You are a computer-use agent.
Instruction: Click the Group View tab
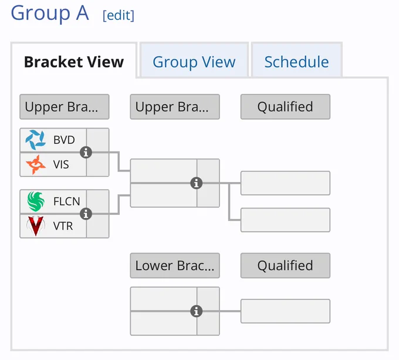(x=194, y=62)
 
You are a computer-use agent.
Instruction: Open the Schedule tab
(x=296, y=62)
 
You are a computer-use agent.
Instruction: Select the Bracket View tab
(x=74, y=62)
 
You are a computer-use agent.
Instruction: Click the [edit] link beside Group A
(x=119, y=15)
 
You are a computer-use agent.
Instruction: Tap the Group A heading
(x=50, y=13)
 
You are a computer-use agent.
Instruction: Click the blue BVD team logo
(x=36, y=140)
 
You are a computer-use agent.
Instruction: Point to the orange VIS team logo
(x=36, y=164)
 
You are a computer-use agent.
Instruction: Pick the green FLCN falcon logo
(x=36, y=201)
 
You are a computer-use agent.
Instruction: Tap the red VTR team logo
(x=36, y=226)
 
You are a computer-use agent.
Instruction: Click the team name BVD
(x=64, y=140)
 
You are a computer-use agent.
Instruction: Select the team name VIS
(x=61, y=164)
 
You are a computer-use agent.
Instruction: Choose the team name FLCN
(x=67, y=201)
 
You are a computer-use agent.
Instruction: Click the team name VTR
(x=63, y=226)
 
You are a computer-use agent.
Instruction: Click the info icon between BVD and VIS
(x=86, y=152)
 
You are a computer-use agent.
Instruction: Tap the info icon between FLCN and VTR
(x=86, y=214)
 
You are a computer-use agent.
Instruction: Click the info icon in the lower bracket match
(x=197, y=311)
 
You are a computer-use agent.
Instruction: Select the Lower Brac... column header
(x=175, y=265)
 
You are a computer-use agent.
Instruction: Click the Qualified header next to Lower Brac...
(x=285, y=265)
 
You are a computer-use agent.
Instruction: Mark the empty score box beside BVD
(x=98, y=140)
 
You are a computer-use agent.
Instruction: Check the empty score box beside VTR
(x=98, y=226)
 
